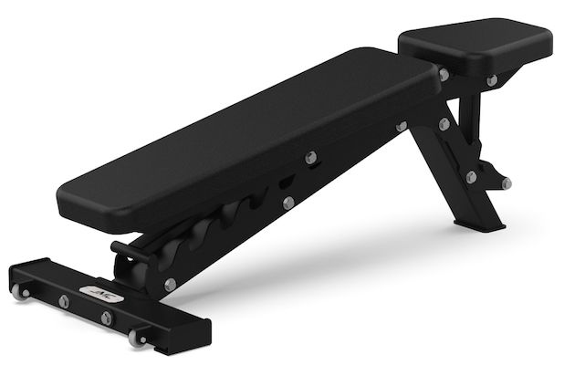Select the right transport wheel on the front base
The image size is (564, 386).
point(138,338)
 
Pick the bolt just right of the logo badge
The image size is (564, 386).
point(107,317)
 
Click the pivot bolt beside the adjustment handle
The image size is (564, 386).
point(171,285)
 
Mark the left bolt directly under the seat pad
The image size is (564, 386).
point(444,75)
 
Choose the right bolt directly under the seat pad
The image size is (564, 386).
point(492,80)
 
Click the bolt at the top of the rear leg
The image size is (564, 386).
point(444,123)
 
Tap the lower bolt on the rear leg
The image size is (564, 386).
point(471,177)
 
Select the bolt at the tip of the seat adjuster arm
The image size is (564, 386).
point(507,183)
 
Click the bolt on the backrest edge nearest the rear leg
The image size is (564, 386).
point(402,126)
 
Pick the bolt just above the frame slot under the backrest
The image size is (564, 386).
point(311,157)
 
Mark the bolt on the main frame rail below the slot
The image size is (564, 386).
point(288,203)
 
